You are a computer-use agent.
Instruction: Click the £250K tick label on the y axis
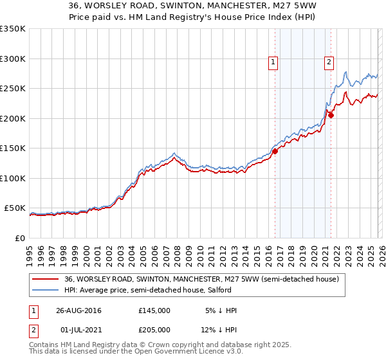click(x=13, y=89)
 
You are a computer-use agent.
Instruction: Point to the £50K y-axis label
click(x=15, y=208)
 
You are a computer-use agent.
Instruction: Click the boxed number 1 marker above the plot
click(x=273, y=62)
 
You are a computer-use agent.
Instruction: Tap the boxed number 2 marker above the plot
click(x=329, y=62)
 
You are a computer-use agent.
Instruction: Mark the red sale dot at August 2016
click(x=275, y=152)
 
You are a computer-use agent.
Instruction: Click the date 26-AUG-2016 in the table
click(x=78, y=310)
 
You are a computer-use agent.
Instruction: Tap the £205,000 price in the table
click(x=154, y=330)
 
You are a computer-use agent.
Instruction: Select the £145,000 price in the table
click(x=154, y=310)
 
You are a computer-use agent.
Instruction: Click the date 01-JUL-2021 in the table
click(x=78, y=330)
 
